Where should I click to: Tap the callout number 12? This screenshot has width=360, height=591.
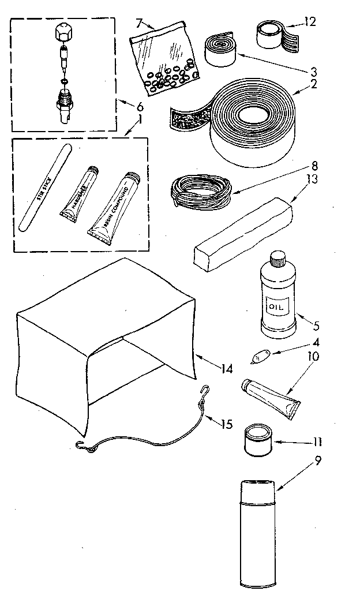point(310,22)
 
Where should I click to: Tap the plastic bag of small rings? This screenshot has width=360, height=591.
point(164,61)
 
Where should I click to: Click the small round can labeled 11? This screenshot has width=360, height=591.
point(258,441)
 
